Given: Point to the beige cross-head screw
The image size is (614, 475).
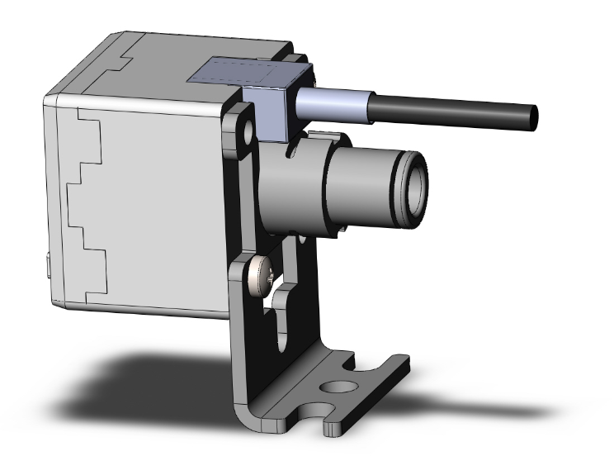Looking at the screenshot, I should (x=262, y=273).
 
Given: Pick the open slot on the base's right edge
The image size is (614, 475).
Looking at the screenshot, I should (x=380, y=369).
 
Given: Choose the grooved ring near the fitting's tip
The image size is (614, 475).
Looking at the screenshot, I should (x=399, y=174).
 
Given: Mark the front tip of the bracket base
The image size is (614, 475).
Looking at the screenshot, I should (x=333, y=428).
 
